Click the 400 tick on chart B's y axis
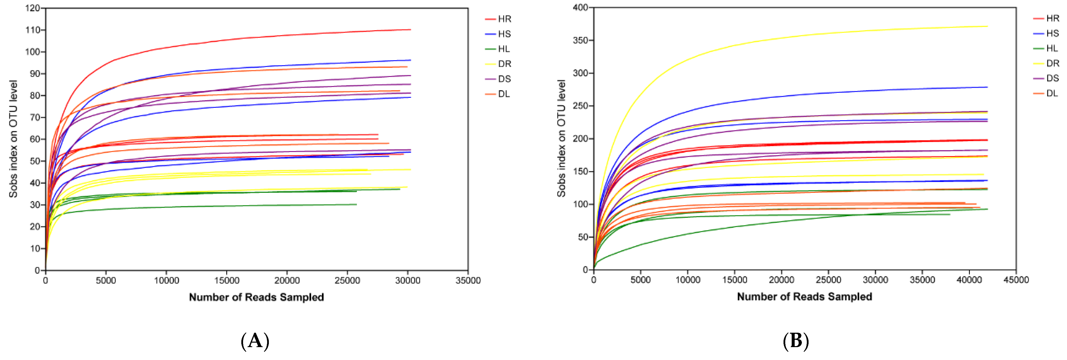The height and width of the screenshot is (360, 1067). (581, 7)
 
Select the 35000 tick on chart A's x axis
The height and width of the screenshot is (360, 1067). (468, 280)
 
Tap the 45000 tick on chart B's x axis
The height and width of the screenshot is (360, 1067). (1016, 280)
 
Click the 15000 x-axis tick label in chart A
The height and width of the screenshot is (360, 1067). (227, 280)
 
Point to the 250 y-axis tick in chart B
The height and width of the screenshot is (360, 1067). (581, 106)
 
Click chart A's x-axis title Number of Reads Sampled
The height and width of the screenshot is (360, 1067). (256, 297)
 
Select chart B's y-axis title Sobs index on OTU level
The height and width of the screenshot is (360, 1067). (561, 138)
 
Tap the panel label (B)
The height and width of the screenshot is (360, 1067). (796, 341)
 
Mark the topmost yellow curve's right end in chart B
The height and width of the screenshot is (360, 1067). (987, 27)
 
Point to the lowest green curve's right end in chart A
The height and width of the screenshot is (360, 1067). (356, 204)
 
